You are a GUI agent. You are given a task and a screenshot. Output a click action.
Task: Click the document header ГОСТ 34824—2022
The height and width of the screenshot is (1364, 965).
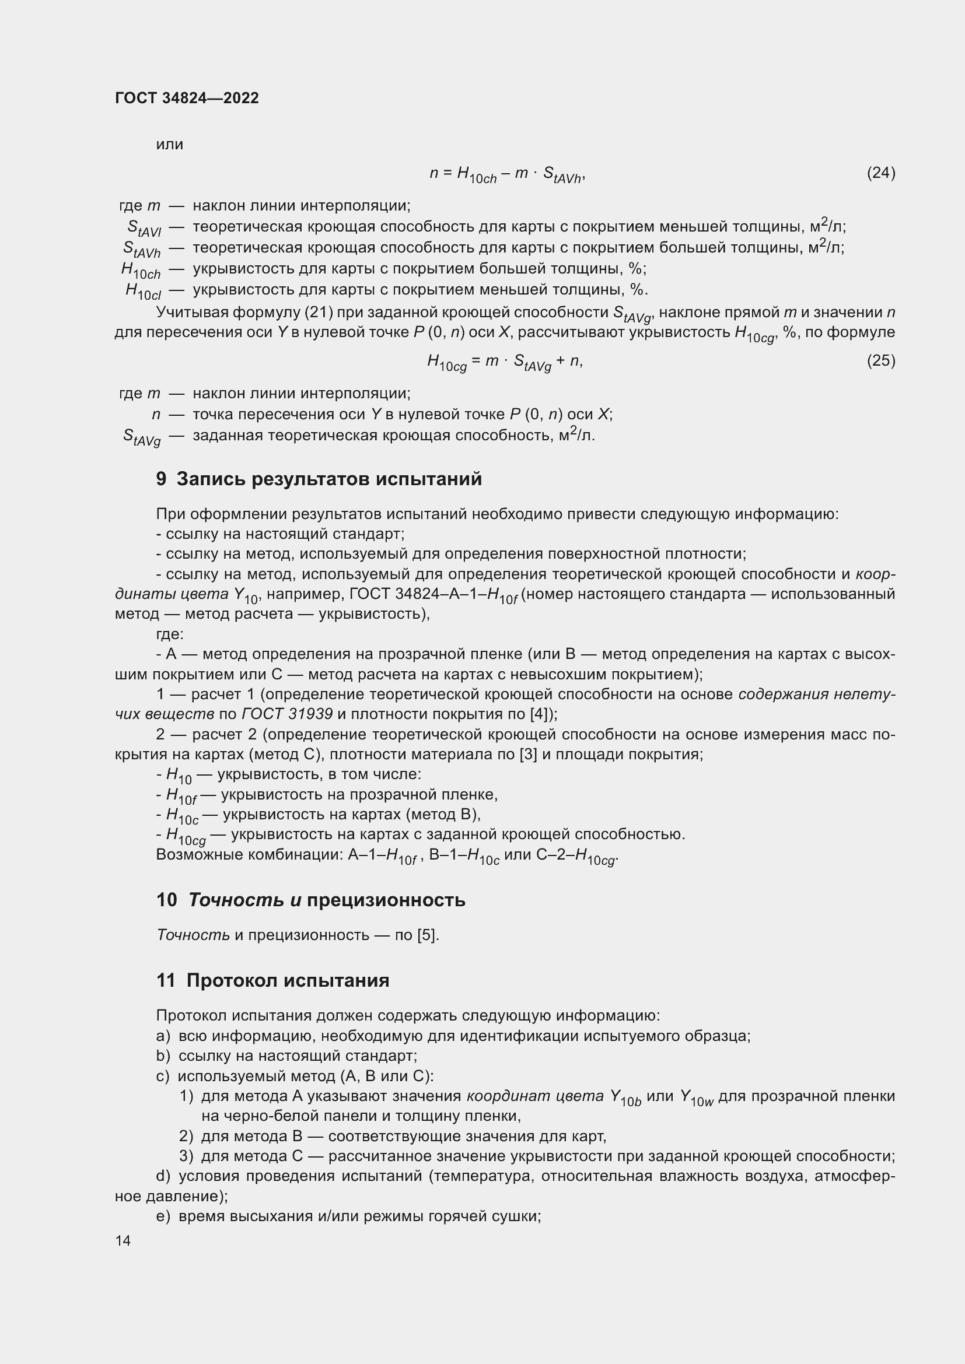point(187,98)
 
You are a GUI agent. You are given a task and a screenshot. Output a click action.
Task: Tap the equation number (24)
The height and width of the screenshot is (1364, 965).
point(880,173)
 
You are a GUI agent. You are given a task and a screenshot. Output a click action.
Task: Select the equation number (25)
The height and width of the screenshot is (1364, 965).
point(880,360)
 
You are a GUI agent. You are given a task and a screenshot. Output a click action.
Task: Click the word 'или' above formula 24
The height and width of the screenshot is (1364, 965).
point(169,145)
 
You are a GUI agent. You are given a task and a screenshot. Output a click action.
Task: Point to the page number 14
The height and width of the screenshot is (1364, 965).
point(123,1240)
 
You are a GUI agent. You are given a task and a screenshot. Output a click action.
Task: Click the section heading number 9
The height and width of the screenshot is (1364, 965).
point(161,479)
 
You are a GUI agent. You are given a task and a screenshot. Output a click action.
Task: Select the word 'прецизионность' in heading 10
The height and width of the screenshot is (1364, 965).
point(386,900)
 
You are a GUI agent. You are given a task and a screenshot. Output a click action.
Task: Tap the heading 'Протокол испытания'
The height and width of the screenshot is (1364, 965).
point(288,980)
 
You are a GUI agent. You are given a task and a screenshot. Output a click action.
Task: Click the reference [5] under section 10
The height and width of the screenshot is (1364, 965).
point(428,935)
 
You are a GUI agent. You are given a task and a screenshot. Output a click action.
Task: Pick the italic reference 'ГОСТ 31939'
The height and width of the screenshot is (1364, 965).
point(287,714)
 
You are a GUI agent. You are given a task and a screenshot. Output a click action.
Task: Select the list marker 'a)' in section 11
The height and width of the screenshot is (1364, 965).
point(163,1036)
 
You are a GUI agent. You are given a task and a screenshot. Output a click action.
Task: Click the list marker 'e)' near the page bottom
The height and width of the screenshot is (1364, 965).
point(163,1216)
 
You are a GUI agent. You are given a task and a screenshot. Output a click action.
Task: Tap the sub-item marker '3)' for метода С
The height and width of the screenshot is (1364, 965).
point(186,1156)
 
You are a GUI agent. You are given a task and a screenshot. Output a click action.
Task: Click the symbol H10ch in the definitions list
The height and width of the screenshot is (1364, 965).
point(141,271)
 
